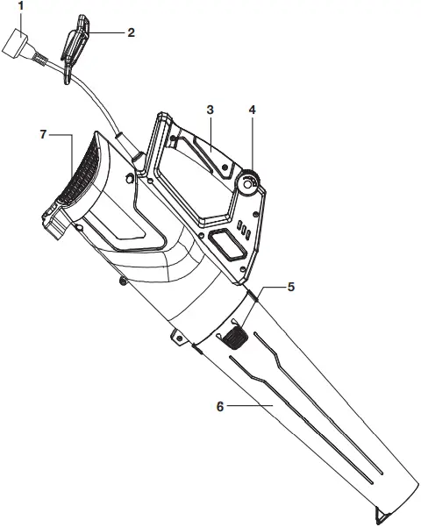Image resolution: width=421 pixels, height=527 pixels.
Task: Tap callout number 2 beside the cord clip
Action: (130, 32)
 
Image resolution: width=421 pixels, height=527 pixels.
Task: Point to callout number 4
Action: (252, 110)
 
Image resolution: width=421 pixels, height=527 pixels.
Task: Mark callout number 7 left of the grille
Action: (42, 134)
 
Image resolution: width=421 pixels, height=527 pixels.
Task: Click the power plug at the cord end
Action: (17, 41)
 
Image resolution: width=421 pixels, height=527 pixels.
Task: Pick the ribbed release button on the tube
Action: (232, 335)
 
